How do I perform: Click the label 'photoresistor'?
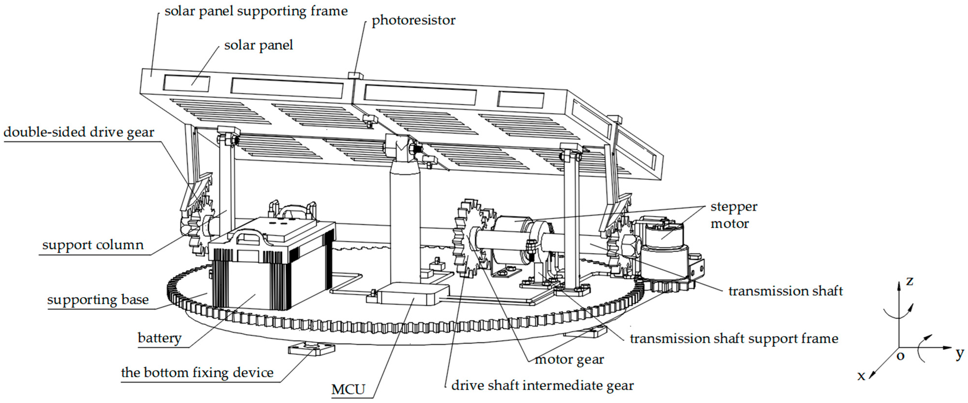point(413,20)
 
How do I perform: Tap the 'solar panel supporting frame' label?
point(256,11)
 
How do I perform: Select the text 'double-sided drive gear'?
point(79,132)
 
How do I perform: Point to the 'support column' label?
point(93,245)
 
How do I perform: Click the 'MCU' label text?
point(348,390)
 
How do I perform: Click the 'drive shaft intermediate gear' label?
point(542,385)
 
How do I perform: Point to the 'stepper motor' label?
point(733,215)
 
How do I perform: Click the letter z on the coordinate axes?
point(909,280)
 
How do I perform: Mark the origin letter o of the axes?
point(900,356)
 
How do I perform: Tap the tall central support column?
point(405,226)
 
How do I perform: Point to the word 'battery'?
point(159,338)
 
